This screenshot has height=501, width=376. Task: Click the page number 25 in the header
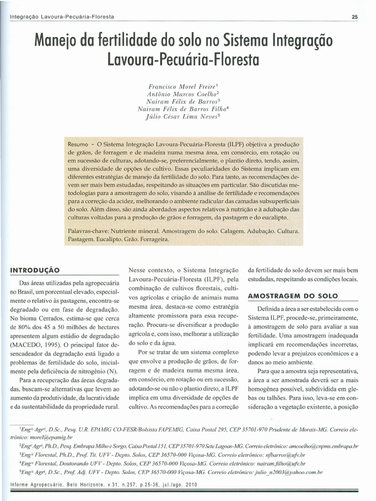point(355,17)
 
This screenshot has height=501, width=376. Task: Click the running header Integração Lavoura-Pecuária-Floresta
point(62,17)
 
